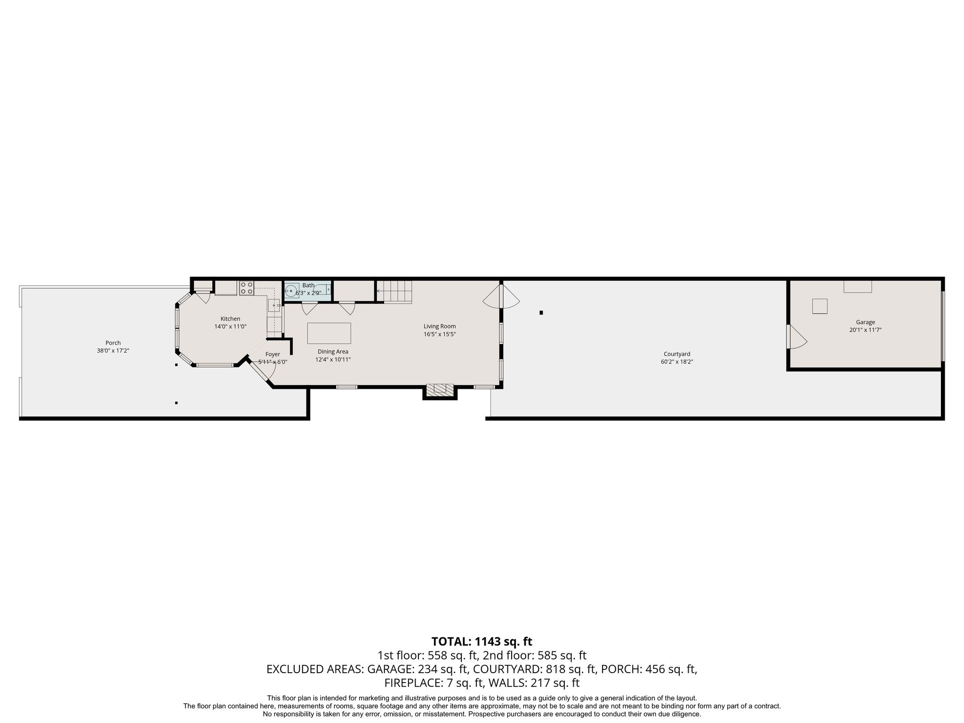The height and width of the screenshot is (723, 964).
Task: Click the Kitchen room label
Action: (x=230, y=319)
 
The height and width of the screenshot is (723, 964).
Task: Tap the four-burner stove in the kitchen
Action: (x=246, y=288)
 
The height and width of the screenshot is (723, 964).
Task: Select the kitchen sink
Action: (x=274, y=306)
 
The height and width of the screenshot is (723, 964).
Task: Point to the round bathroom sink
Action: (x=291, y=292)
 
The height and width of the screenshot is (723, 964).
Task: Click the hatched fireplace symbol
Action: (x=440, y=389)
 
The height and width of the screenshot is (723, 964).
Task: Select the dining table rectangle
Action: (x=329, y=333)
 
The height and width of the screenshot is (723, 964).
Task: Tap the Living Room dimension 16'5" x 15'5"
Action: (x=439, y=334)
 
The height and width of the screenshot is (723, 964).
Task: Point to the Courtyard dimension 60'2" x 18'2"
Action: (x=676, y=361)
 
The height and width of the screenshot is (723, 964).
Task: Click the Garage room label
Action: (x=865, y=322)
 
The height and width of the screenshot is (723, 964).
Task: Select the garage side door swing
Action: (x=797, y=337)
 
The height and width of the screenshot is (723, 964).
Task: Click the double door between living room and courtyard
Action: (x=501, y=296)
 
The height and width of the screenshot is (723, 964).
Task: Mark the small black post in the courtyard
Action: (x=541, y=313)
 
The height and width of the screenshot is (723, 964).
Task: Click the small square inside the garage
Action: (x=819, y=306)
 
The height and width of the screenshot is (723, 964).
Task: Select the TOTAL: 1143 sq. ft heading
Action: (x=482, y=641)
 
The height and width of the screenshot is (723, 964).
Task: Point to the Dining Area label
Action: (x=333, y=352)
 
